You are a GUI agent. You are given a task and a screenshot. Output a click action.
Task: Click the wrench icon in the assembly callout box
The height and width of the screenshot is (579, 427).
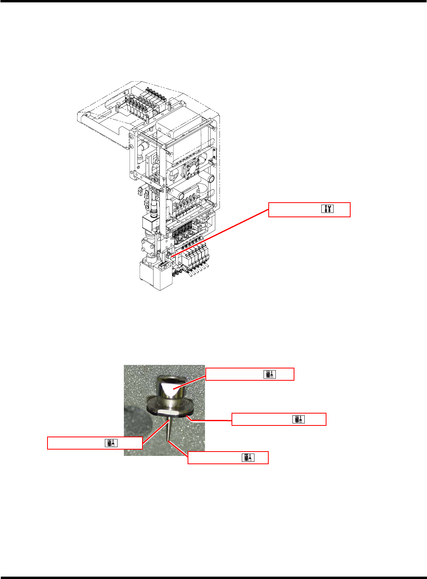coord(327,209)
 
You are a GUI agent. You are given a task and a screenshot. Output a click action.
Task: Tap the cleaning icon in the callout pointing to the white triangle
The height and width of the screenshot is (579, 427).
coord(270,374)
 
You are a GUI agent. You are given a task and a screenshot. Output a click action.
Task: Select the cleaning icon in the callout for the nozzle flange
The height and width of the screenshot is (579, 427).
coord(299,419)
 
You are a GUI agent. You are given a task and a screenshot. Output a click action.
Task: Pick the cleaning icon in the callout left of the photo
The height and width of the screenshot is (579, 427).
coord(111,443)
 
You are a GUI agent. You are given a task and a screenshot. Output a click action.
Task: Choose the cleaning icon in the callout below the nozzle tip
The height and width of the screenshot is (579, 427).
coord(248,458)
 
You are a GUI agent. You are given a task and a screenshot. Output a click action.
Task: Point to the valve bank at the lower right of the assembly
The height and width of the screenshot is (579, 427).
coord(196,257)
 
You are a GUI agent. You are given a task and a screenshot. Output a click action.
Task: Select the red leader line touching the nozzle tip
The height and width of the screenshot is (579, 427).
coord(178,449)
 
